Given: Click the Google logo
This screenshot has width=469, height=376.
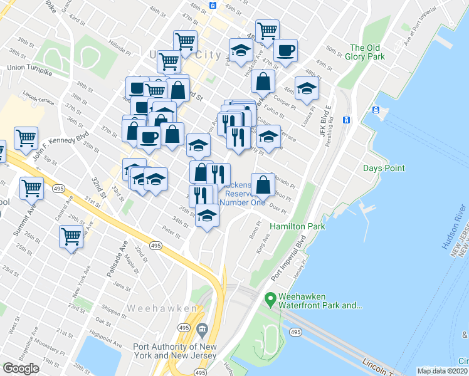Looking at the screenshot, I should click(21, 368).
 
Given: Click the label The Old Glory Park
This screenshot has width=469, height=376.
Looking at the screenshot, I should click(366, 52).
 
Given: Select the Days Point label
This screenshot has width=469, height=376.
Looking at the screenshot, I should click(384, 168).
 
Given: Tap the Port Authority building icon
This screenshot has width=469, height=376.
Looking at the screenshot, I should click(202, 329).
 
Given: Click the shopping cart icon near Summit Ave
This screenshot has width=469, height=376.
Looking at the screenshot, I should click(31, 187).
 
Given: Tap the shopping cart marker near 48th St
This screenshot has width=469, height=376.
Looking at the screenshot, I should click(267, 30).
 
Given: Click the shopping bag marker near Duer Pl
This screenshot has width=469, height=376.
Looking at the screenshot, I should click(264, 184).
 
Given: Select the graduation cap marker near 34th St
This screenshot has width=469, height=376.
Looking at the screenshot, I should click(206, 216).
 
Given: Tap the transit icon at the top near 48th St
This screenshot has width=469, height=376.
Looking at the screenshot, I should click(213, 5).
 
